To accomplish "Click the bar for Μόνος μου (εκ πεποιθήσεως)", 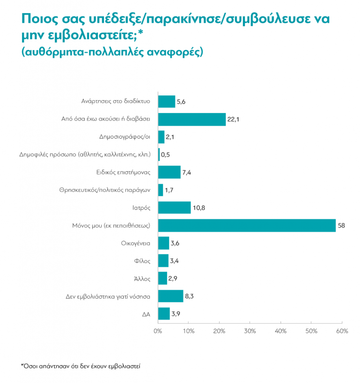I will coord(247,226).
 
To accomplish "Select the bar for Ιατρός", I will coord(174,208).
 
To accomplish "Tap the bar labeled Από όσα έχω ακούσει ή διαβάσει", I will coord(192,119).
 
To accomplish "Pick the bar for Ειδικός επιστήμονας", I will coord(169,172).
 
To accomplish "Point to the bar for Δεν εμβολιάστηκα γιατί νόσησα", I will coord(170,296).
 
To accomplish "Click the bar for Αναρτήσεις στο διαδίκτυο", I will coord(166,101).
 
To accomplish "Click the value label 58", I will coord(341,226).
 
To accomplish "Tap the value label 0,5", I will coord(165,155).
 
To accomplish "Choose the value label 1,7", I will coord(169,190).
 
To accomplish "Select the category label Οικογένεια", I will coord(136,243).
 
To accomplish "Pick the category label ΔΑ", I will coord(146,314).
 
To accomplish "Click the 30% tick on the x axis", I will coord(250,331).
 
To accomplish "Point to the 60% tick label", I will coord(342,331).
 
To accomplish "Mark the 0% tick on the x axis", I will coord(158,331).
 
